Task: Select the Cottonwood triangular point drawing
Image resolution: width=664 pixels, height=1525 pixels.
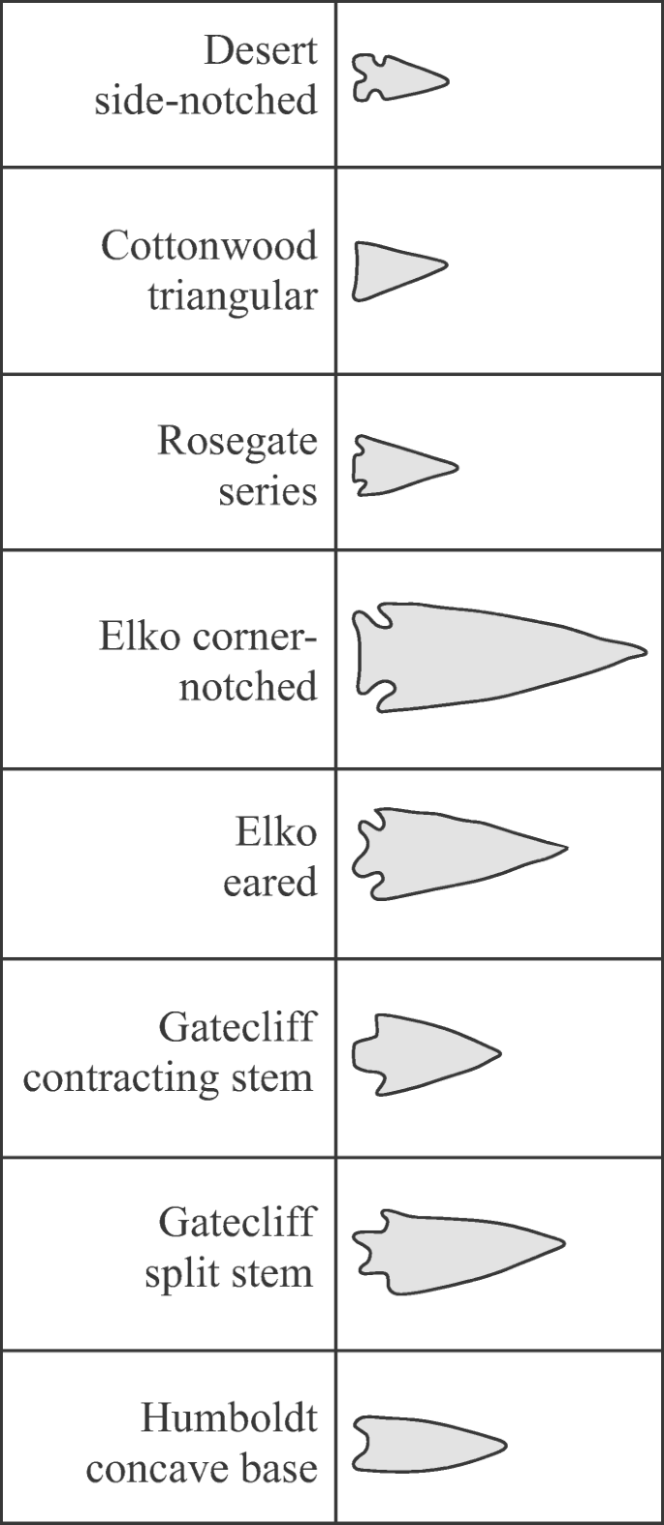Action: (x=393, y=270)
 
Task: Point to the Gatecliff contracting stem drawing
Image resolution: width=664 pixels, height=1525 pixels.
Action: (x=422, y=1054)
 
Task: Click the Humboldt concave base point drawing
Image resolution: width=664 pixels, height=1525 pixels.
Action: (x=423, y=1445)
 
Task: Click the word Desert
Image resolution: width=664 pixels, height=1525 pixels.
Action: (x=260, y=49)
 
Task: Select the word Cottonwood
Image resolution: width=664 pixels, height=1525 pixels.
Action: (x=208, y=245)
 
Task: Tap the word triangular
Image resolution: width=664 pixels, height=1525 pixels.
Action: (x=232, y=296)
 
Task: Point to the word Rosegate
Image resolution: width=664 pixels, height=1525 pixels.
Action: (x=237, y=441)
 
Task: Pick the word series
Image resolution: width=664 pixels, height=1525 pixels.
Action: (x=268, y=491)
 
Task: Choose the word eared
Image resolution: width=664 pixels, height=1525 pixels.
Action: (x=269, y=882)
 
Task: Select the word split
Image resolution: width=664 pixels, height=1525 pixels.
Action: (x=185, y=1273)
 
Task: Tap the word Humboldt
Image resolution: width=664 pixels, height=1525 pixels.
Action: (x=229, y=1417)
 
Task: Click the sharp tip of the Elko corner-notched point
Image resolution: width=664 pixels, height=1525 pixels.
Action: (x=644, y=650)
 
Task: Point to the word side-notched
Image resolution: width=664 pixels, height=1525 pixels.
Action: (x=206, y=100)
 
